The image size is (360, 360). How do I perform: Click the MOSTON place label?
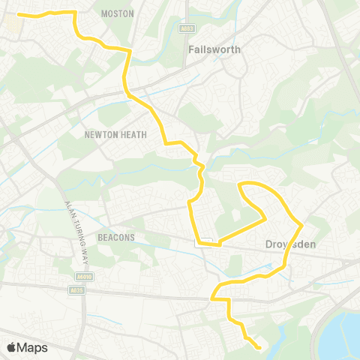tap(117, 13)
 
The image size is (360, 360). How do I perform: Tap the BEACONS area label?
tap(116, 237)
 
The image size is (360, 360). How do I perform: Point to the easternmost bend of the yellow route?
tap(301, 223)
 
